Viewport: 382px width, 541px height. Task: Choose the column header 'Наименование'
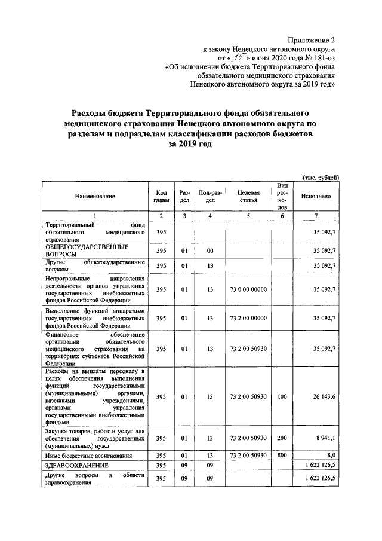[95, 196]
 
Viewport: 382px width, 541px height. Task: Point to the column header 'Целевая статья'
[248, 196]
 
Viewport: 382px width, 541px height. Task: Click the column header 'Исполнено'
[316, 196]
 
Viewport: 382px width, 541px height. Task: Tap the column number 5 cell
[248, 215]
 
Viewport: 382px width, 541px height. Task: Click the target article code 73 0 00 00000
[248, 289]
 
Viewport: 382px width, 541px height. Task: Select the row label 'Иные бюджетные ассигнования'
[84, 455]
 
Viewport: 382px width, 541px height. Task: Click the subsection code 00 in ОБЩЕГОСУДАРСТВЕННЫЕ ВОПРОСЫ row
[210, 250]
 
